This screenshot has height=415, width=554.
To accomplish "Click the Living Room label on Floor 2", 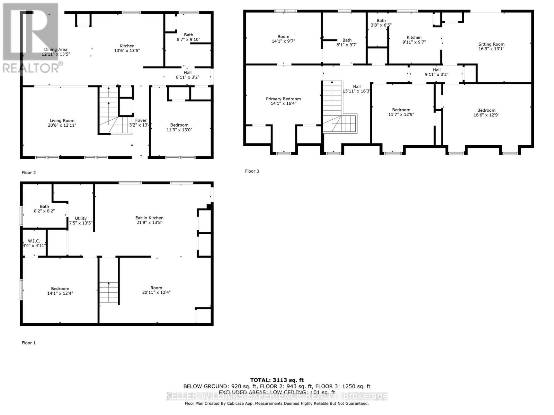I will pyautogui.click(x=62, y=121).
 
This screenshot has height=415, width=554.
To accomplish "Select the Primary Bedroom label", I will pyautogui.click(x=283, y=99).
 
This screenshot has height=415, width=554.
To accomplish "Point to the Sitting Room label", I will pyautogui.click(x=491, y=44).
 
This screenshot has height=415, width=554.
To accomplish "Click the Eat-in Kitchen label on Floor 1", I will pyautogui.click(x=149, y=218).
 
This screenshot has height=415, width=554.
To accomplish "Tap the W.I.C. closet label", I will pyautogui.click(x=34, y=241).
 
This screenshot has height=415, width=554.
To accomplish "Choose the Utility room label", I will pyautogui.click(x=81, y=218).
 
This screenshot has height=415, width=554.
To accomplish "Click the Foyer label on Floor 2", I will pyautogui.click(x=141, y=120).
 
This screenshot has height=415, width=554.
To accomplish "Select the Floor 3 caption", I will pyautogui.click(x=252, y=171).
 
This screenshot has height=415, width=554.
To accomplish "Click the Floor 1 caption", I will pyautogui.click(x=28, y=343).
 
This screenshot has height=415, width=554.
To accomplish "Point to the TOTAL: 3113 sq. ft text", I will pyautogui.click(x=277, y=380).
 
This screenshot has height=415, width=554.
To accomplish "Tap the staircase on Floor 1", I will pyautogui.click(x=109, y=293).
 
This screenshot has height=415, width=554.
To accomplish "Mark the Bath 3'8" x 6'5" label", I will pyautogui.click(x=381, y=23).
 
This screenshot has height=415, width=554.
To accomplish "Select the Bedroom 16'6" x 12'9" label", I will pyautogui.click(x=486, y=113).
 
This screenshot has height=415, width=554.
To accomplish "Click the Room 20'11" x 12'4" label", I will pyautogui.click(x=156, y=290).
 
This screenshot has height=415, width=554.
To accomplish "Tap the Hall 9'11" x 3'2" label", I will pyautogui.click(x=437, y=72).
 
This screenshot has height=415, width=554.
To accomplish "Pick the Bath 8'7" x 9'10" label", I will pyautogui.click(x=188, y=37).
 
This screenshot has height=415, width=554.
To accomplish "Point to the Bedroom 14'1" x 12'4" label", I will pyautogui.click(x=60, y=291).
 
